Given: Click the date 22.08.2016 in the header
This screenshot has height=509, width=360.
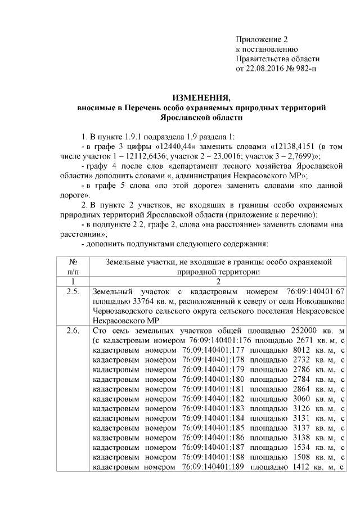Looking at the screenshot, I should click(264, 69).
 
